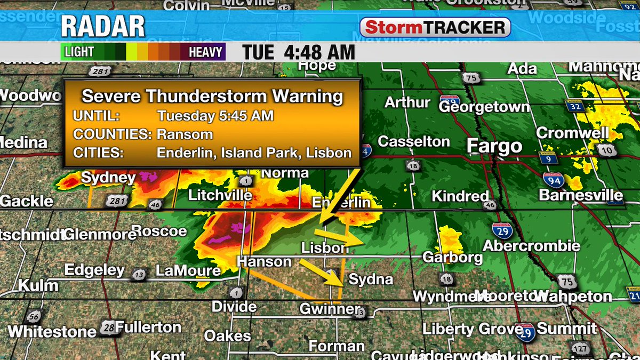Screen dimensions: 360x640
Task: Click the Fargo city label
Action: click(494, 146)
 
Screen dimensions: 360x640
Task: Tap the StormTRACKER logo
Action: click(435, 27)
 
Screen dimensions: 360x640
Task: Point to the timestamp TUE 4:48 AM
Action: click(299, 52)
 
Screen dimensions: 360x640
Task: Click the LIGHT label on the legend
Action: click(79, 52)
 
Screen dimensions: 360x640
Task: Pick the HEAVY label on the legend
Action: click(205, 52)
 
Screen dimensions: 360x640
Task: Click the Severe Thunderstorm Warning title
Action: click(212, 97)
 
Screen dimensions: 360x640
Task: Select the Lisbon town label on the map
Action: click(325, 248)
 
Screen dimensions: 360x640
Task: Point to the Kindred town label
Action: click(460, 196)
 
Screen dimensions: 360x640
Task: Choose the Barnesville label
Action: click(581, 195)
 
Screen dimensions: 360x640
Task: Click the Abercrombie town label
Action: click(531, 246)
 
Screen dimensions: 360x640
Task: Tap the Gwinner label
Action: click(330, 309)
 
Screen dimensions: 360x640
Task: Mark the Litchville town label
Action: click(220, 196)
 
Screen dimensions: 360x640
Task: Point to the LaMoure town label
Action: click(188, 271)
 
